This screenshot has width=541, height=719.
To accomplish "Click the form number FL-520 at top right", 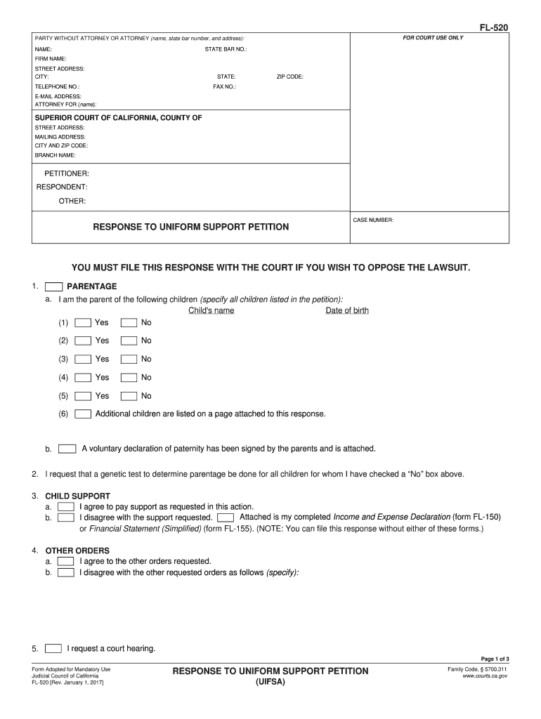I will click(x=494, y=27).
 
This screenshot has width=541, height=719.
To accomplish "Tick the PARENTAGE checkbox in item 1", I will click(x=53, y=286).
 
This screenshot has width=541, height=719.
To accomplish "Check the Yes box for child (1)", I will click(x=84, y=323).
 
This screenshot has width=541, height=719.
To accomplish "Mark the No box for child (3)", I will click(x=129, y=359).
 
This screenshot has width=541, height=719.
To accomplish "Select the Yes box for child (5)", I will click(x=84, y=396).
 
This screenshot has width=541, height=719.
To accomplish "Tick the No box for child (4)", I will click(x=129, y=378).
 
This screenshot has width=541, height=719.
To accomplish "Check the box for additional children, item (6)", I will click(x=84, y=414).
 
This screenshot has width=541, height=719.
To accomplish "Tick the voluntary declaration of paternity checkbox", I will click(x=67, y=449).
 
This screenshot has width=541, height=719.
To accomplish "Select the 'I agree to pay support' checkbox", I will click(x=66, y=506).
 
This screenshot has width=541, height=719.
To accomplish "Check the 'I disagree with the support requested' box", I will click(x=66, y=517).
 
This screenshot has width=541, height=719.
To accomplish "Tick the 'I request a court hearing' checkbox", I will click(x=53, y=648).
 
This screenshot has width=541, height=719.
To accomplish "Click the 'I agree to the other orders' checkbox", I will click(x=66, y=562).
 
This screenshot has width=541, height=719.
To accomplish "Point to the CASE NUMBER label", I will click(x=373, y=220).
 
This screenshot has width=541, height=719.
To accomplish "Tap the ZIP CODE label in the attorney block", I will click(x=289, y=77).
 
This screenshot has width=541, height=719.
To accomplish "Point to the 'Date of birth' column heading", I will click(x=347, y=311).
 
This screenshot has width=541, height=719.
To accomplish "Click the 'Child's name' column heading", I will click(x=211, y=311).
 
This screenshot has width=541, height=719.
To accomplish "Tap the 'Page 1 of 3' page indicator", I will click(x=495, y=659).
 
